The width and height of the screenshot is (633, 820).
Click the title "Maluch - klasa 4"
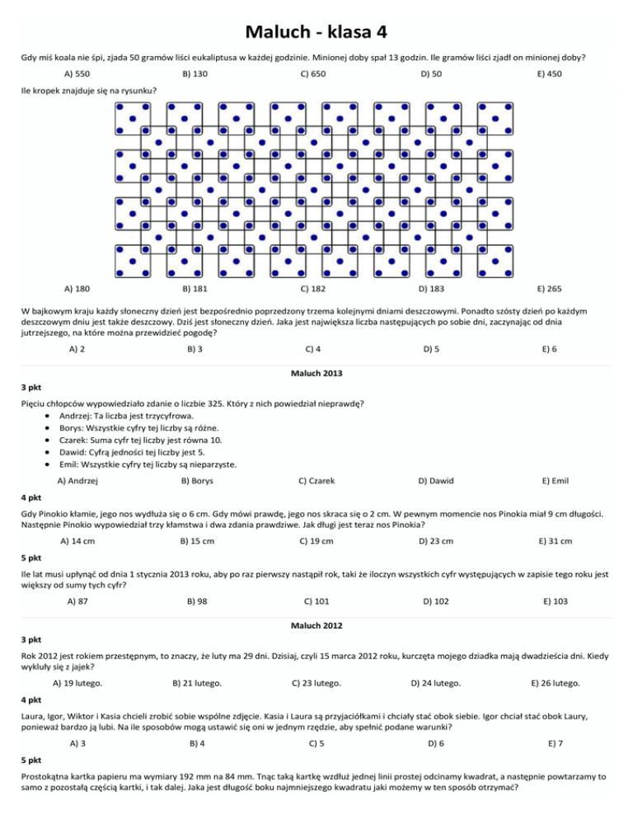pyautogui.click(x=316, y=33)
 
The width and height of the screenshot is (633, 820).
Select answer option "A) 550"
pyautogui.click(x=77, y=74)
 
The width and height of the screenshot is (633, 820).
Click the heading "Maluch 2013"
pyautogui.click(x=316, y=374)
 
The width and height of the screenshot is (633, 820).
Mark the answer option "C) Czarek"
pyautogui.click(x=316, y=479)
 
